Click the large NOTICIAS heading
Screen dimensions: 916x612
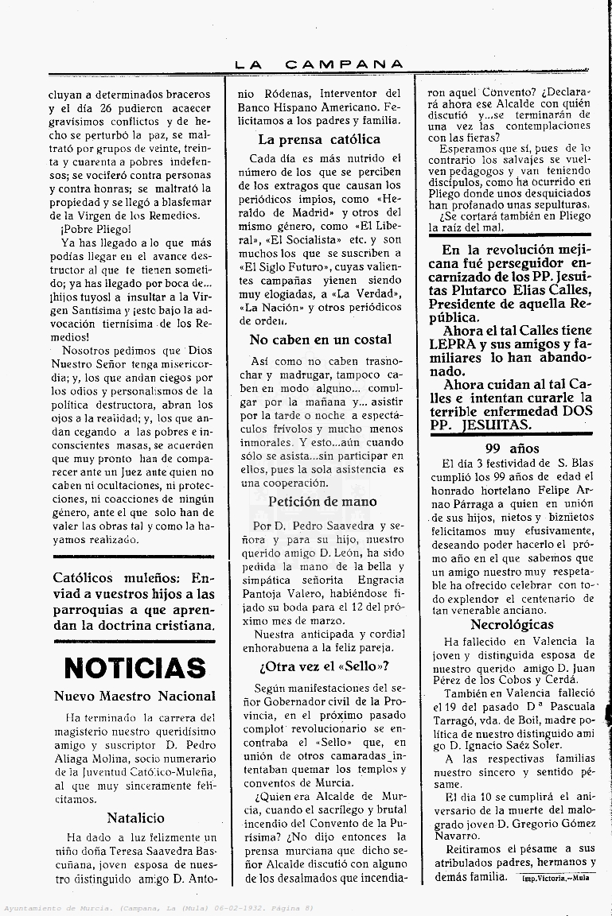click(x=134, y=669)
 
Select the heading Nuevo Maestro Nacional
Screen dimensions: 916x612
click(x=134, y=697)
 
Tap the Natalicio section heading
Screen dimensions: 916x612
click(x=135, y=817)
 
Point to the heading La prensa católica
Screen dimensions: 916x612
click(x=319, y=139)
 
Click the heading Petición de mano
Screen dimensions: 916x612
click(x=322, y=502)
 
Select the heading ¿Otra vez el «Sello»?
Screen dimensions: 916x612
click(x=323, y=666)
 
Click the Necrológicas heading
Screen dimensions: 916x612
click(x=512, y=625)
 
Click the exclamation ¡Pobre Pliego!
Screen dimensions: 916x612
click(x=96, y=229)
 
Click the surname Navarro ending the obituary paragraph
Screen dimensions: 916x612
click(x=458, y=836)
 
